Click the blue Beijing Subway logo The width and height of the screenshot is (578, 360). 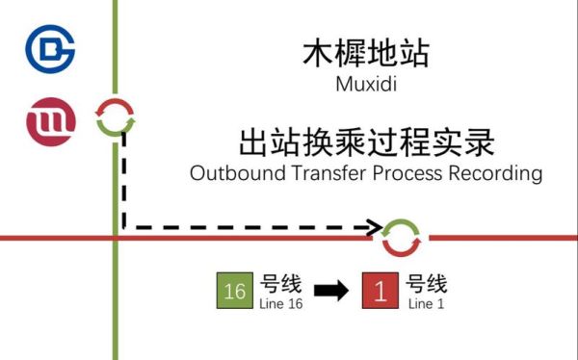tap(49, 46)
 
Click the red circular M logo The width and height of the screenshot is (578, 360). tap(49, 122)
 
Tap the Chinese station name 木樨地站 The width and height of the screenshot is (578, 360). tap(366, 53)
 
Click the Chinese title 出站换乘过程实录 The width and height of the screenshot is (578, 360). tap(366, 143)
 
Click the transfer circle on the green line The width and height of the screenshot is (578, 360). tap(116, 118)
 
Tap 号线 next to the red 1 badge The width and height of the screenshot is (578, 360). tap(427, 285)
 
